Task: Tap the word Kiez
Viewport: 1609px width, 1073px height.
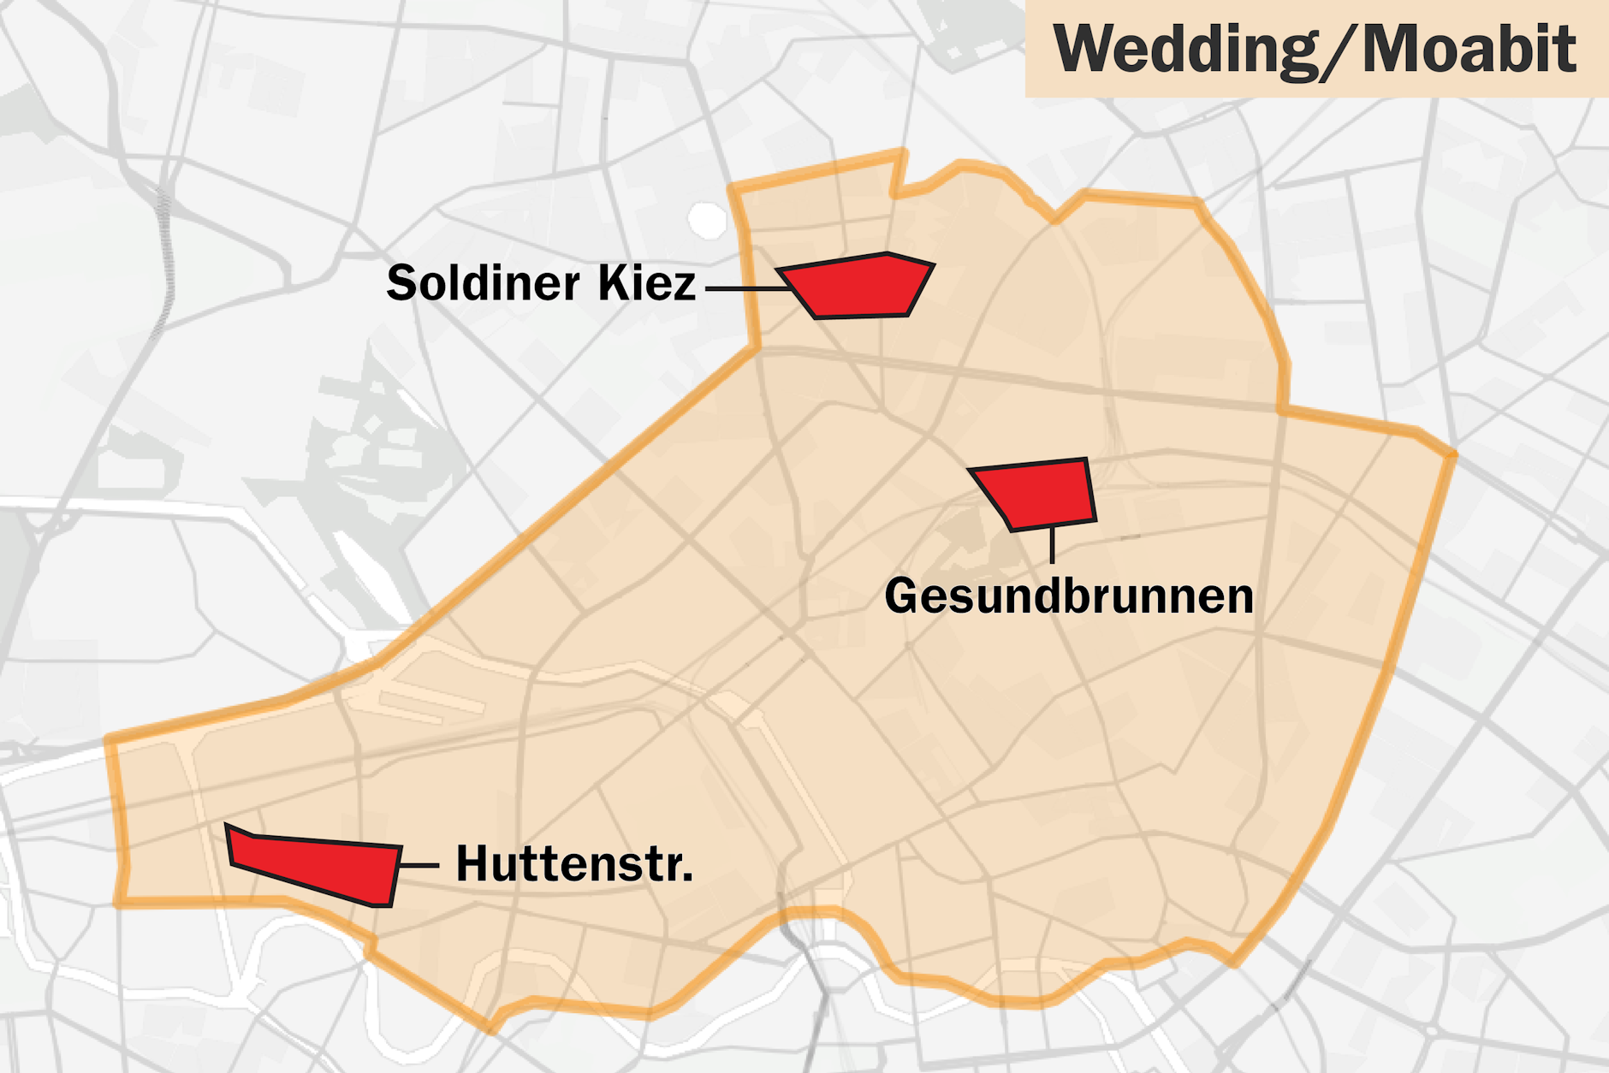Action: (x=647, y=283)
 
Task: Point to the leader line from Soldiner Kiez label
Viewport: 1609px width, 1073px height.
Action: (x=745, y=289)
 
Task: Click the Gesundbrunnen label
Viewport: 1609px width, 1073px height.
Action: (x=1069, y=596)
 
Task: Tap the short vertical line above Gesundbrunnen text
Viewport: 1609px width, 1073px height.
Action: (x=1052, y=544)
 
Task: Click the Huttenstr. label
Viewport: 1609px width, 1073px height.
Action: (x=573, y=864)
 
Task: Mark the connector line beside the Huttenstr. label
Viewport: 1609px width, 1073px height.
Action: (x=419, y=866)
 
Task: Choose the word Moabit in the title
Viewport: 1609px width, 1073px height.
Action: (x=1469, y=50)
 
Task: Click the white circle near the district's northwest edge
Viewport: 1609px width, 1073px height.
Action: (x=707, y=220)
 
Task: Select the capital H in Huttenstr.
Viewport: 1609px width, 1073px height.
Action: (x=473, y=864)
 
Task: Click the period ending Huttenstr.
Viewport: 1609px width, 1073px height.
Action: (x=686, y=878)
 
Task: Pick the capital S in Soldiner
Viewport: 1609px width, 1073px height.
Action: (x=403, y=283)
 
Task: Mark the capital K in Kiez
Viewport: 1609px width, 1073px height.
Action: (x=613, y=283)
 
